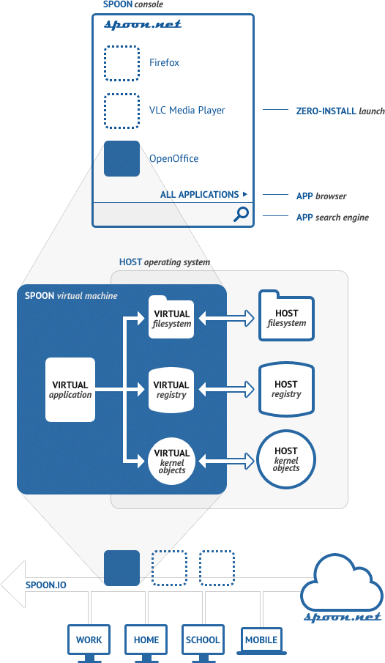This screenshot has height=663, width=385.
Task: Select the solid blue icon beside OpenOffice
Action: tap(122, 158)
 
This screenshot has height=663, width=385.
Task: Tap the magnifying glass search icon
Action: tap(241, 215)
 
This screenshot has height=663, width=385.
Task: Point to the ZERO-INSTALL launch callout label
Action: tap(340, 111)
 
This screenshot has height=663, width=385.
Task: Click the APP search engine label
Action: tap(332, 218)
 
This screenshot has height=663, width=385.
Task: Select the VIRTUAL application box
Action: tap(70, 390)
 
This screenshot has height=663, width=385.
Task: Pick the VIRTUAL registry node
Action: tap(171, 390)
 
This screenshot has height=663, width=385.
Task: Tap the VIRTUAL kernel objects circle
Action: tap(171, 461)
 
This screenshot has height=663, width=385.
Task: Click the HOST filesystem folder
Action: tap(286, 316)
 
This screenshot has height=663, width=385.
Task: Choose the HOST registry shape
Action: tap(286, 388)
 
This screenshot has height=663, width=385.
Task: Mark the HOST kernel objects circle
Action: tap(286, 459)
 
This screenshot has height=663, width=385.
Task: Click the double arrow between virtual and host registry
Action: tap(226, 390)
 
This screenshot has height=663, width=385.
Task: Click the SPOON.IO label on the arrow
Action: tap(45, 585)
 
